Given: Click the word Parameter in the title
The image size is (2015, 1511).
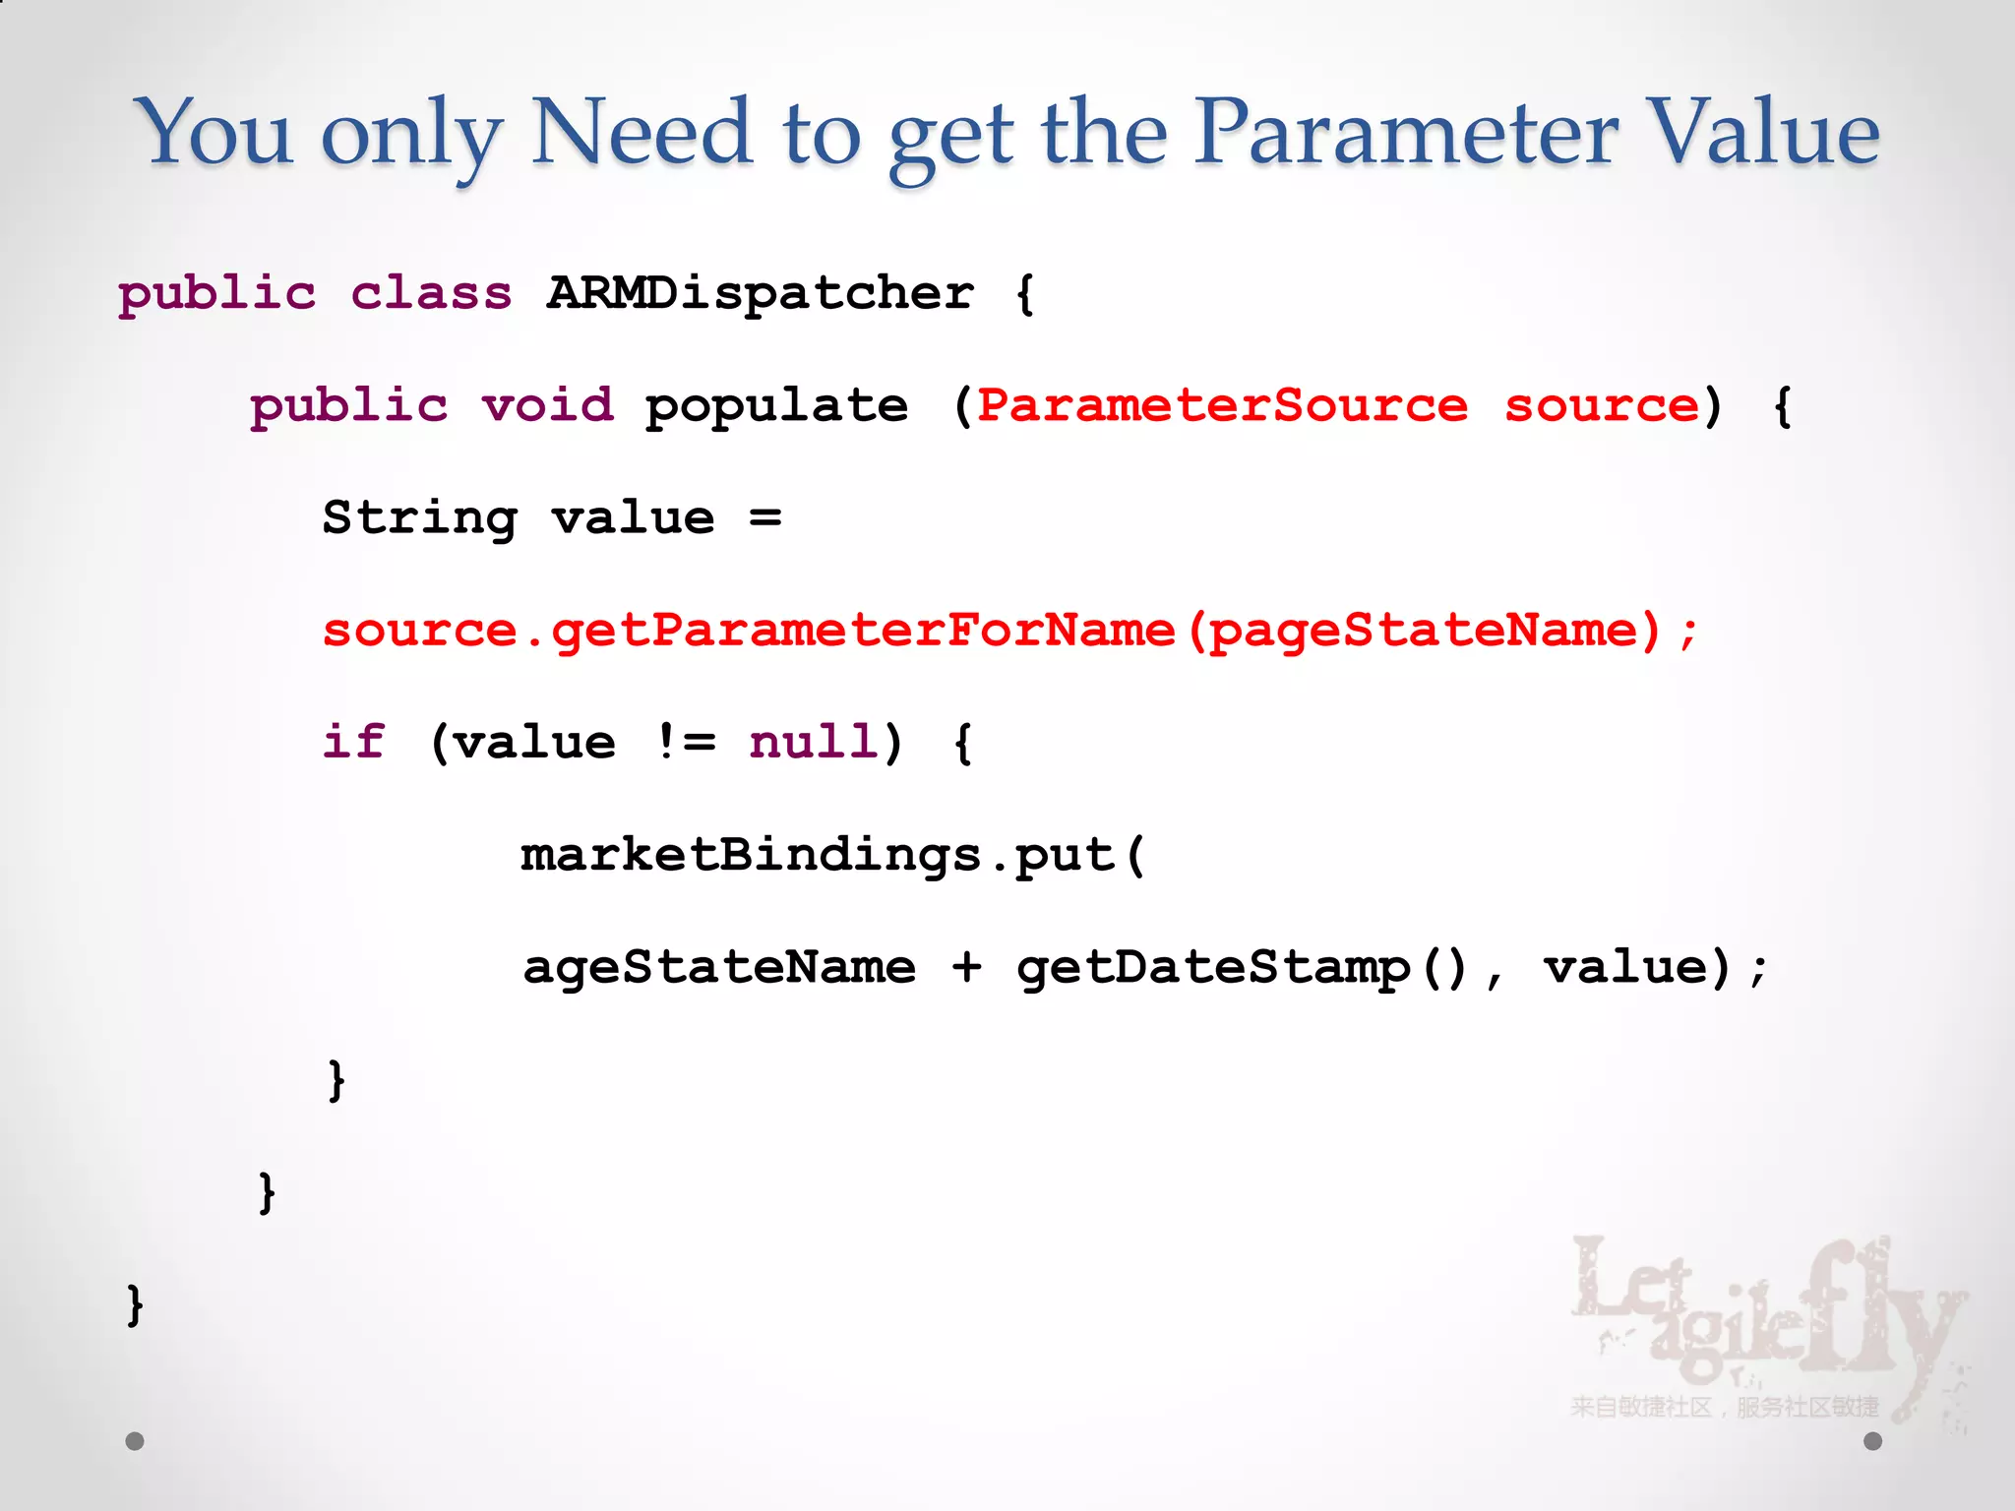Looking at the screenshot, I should (x=1407, y=133).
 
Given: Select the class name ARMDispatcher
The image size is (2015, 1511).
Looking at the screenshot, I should (x=761, y=292).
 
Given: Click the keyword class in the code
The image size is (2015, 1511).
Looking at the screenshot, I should (x=431, y=292).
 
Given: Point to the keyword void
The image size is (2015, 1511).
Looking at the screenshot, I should (x=547, y=405).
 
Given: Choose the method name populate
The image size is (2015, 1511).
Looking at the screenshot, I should (x=776, y=405).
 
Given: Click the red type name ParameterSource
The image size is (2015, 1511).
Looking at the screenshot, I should (x=1222, y=405).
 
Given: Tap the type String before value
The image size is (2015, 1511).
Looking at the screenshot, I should (x=420, y=517).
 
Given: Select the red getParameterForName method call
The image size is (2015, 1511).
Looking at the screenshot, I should (x=863, y=630).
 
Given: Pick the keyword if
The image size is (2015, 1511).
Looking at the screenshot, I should (x=353, y=742).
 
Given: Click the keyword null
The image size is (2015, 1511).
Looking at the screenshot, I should (x=814, y=742).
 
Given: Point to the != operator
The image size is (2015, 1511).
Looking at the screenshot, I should (x=685, y=742).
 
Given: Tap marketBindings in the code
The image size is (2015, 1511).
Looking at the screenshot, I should (x=751, y=854).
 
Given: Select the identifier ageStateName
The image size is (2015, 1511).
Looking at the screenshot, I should (x=719, y=967).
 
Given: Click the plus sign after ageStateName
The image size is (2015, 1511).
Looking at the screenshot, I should (x=966, y=967).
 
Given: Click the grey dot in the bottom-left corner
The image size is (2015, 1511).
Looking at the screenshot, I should (x=135, y=1441).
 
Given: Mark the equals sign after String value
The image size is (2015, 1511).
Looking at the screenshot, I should (x=764, y=517).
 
